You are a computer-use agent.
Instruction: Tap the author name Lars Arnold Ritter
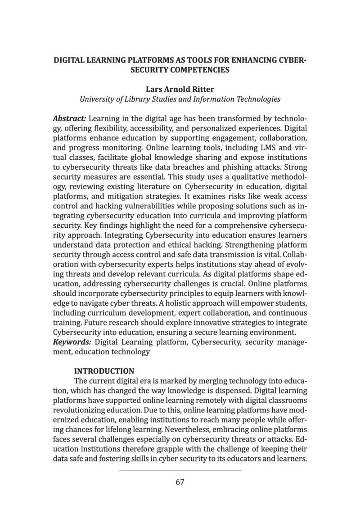coord(180,89)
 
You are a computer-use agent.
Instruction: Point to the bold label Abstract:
coord(70,119)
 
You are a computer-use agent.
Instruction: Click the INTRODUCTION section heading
coord(104,371)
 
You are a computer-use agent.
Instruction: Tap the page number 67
coord(180,482)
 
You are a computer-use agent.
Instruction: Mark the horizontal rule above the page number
coord(180,470)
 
